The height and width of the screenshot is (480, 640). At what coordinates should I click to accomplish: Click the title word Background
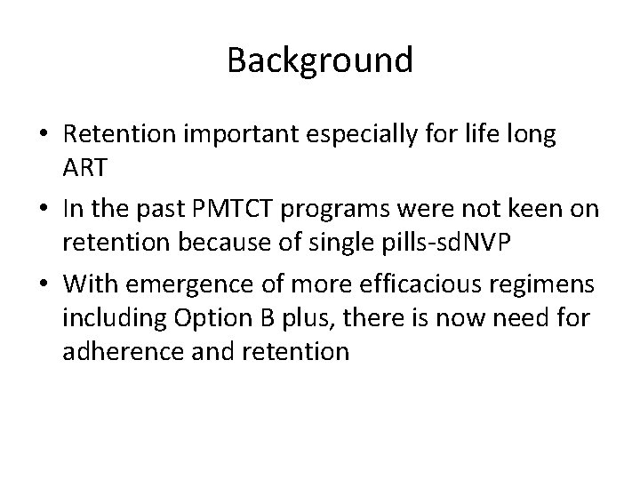320,60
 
